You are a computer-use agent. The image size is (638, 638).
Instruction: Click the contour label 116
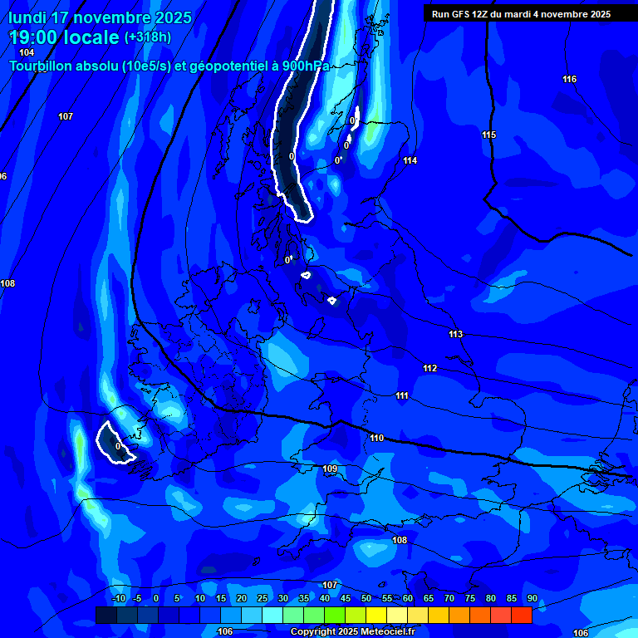pyautogui.click(x=569, y=80)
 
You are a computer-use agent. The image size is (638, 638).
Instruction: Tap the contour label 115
pyautogui.click(x=489, y=135)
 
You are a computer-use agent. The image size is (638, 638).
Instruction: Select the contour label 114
pyautogui.click(x=410, y=161)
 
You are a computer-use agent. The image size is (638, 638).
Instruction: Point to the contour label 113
pyautogui.click(x=455, y=335)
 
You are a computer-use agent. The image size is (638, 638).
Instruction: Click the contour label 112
pyautogui.click(x=429, y=369)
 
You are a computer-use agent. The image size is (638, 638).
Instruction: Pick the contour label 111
pyautogui.click(x=402, y=396)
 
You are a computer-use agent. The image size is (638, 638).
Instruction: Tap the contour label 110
pyautogui.click(x=376, y=438)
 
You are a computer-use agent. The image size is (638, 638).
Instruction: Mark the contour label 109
pyautogui.click(x=330, y=470)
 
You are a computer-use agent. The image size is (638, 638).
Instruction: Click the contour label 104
pyautogui.click(x=27, y=52)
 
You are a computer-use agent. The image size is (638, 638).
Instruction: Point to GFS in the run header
pyautogui.click(x=462, y=14)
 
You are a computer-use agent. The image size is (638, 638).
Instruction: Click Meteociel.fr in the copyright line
pyautogui.click(x=371, y=632)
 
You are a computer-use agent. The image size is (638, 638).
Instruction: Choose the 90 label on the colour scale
pyautogui.click(x=532, y=599)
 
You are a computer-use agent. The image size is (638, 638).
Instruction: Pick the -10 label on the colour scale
pyautogui.click(x=118, y=599)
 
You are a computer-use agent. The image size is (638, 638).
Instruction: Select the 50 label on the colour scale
pyautogui.click(x=366, y=599)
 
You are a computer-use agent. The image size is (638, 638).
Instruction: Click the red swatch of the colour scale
pyautogui.click(x=521, y=615)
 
